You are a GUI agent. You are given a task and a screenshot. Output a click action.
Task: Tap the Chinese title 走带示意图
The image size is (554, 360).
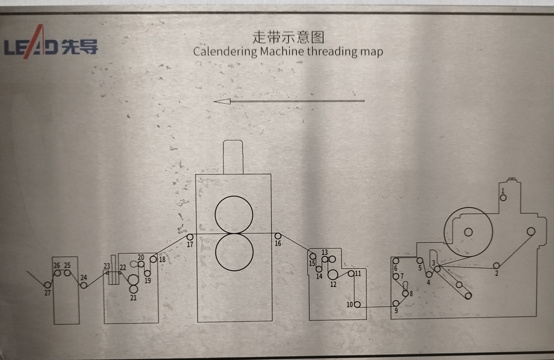tap(289, 37)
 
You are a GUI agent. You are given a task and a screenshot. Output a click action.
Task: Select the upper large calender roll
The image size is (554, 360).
tap(234, 215)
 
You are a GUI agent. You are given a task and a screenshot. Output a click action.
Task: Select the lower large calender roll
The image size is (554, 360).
tap(234, 252)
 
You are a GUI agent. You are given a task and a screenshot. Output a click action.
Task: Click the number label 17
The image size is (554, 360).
tap(190, 244)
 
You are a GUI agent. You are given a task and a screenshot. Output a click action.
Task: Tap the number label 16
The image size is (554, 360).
tap(278, 243)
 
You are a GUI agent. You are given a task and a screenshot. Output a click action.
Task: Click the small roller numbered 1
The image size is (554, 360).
tap(503, 198)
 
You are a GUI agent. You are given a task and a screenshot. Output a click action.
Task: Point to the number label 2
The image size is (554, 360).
tap(496, 273)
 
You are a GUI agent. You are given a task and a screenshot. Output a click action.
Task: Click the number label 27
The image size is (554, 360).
tap(47, 293)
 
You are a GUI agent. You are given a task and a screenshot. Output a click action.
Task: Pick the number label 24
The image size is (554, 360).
tap(84, 277)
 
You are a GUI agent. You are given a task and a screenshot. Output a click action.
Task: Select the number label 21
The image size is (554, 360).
tap(133, 298)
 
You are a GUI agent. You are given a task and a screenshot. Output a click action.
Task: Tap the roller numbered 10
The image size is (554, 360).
tap(357, 304)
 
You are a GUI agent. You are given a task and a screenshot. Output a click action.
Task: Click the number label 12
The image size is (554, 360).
tap(333, 284)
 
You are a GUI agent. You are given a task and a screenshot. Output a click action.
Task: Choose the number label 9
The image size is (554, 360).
tap(396, 311)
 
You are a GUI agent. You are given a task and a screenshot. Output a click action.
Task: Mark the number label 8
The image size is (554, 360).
tap(411, 294)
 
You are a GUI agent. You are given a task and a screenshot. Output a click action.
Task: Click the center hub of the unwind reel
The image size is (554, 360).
tap(468, 232)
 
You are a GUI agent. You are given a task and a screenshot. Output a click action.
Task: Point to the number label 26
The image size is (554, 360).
tap(57, 265)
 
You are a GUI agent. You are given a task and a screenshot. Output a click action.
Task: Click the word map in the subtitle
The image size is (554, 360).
tap(372, 52)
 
